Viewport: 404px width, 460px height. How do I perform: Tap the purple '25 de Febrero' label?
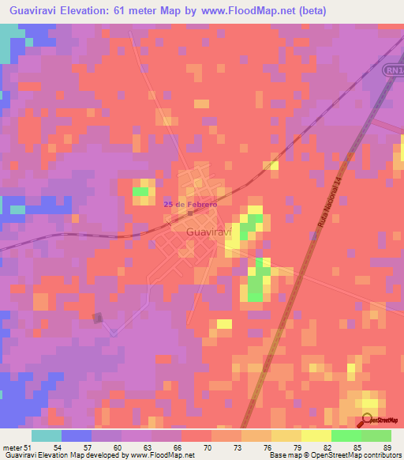point(190,204)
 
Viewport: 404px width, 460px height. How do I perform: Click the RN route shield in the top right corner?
point(395,70)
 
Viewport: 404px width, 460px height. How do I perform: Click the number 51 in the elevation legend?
point(30,447)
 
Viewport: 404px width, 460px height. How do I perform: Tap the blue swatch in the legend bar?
point(77,435)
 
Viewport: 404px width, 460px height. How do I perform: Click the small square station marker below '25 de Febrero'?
point(190,213)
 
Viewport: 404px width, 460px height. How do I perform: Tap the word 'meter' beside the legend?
point(12,447)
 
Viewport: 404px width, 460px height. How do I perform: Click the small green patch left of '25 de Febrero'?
point(140,191)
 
